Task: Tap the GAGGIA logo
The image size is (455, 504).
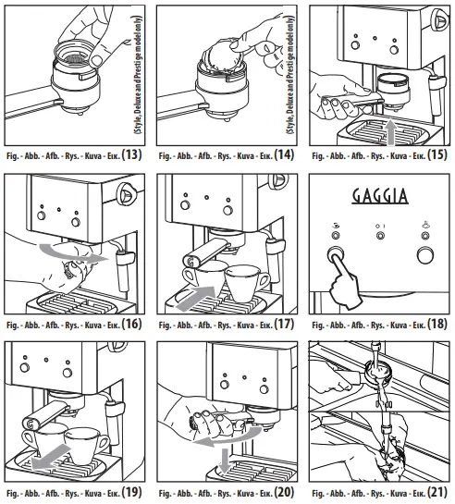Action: pos(379,198)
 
